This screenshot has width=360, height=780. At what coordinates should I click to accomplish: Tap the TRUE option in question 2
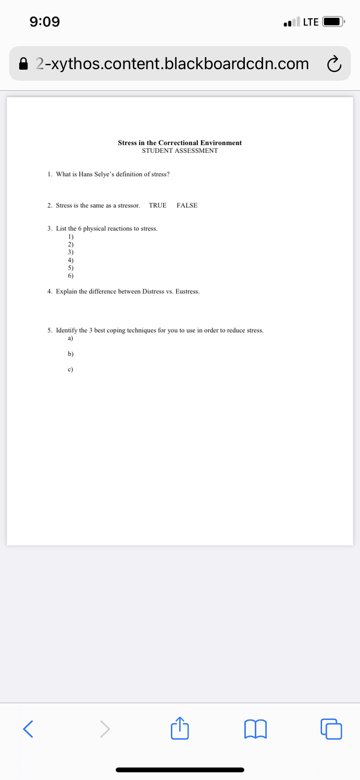pos(157,206)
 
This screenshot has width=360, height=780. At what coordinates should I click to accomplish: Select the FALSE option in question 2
pos(187,206)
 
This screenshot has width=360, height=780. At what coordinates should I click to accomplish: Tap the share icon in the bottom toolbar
pos(180,728)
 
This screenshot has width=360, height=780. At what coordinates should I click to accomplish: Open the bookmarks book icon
pos(255,729)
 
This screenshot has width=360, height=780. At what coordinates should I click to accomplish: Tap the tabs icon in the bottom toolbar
pos(331,729)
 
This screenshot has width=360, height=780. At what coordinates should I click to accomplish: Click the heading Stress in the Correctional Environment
pos(180,143)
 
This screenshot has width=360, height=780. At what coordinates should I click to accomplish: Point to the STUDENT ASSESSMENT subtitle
pos(180,151)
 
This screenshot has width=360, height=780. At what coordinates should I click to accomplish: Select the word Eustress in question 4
pos(187,292)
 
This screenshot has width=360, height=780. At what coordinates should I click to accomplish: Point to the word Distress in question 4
pos(153,292)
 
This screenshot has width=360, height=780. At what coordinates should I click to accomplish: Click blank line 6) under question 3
pos(71,276)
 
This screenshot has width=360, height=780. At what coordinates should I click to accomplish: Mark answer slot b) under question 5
pos(71,354)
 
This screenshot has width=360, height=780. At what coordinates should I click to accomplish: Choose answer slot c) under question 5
pos(71,369)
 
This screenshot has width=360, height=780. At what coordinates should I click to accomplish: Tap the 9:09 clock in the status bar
pos(45,22)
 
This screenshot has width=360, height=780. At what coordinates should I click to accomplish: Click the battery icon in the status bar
pos(333,22)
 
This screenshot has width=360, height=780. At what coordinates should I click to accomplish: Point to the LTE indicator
pos(311,22)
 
